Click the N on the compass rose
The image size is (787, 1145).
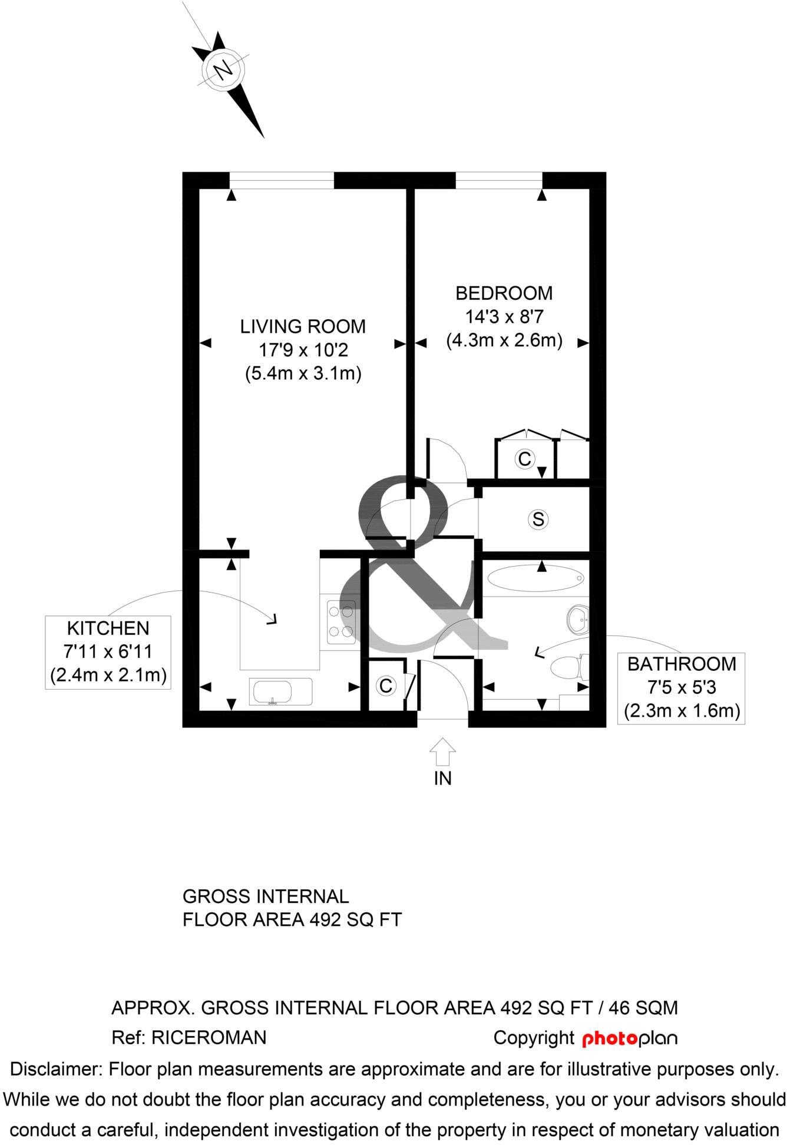223,71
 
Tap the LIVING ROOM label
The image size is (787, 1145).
303,326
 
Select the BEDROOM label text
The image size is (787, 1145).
504,293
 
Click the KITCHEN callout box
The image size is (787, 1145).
108,651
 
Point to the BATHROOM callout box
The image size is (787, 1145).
681,687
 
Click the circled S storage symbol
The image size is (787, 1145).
538,519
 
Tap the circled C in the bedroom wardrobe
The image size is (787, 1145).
524,458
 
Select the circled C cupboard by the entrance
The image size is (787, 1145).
386,686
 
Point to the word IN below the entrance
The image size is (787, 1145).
442,779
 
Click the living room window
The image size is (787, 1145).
282,180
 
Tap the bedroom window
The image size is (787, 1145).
499,180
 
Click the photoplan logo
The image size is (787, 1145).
629,1038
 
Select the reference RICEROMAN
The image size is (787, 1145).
209,1038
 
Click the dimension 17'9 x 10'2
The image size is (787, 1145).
303,350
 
